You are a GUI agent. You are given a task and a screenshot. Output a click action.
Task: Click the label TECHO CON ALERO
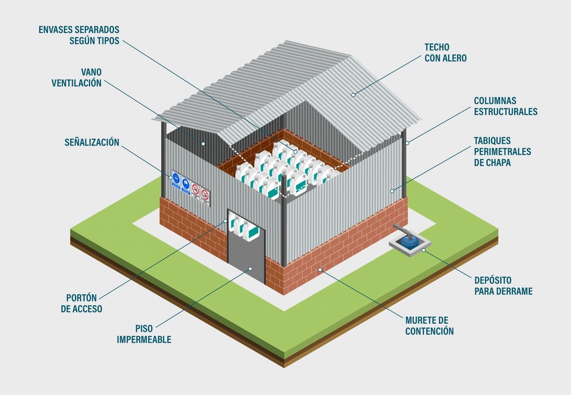(x=445, y=53)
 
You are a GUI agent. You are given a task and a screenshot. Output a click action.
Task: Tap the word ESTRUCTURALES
(x=505, y=112)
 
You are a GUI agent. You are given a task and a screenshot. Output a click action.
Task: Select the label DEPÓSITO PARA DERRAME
(x=503, y=286)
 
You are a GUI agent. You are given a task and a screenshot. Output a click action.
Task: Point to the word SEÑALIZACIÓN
(x=92, y=143)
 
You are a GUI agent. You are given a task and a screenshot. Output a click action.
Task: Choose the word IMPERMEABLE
(x=144, y=340)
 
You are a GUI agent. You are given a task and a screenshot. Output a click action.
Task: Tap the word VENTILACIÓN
(x=77, y=83)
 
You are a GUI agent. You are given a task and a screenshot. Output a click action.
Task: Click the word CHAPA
(x=492, y=163)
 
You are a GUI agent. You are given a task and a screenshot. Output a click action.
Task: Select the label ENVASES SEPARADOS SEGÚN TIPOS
(x=79, y=35)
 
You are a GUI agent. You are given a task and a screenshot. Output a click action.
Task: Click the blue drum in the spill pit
(x=409, y=240)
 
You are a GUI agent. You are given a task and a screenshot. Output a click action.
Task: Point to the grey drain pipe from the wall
(x=401, y=230)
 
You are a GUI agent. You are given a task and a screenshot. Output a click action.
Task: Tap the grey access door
(x=246, y=258)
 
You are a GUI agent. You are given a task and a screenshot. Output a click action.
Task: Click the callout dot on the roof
(x=353, y=94)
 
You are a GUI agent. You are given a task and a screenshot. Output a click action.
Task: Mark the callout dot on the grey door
(x=250, y=269)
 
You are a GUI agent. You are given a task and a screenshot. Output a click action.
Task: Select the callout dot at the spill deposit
(x=423, y=250)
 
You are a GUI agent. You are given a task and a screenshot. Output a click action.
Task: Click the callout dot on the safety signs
(x=170, y=177)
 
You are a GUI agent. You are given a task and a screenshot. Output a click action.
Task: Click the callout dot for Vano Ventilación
(x=203, y=143)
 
